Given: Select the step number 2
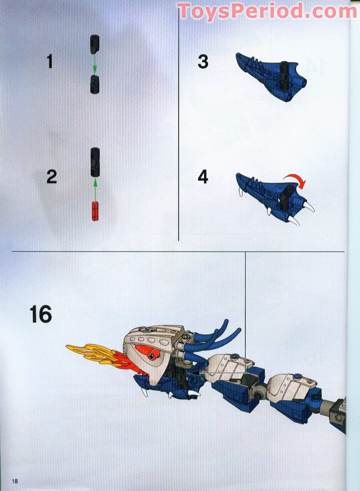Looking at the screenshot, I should tap(52, 177).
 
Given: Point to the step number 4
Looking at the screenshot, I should tap(203, 177).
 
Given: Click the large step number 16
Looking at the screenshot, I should tap(40, 314).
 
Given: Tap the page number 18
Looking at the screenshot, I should tap(15, 481).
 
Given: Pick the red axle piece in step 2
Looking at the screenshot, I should tap(95, 210).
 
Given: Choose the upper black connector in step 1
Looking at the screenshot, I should tap(95, 44).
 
